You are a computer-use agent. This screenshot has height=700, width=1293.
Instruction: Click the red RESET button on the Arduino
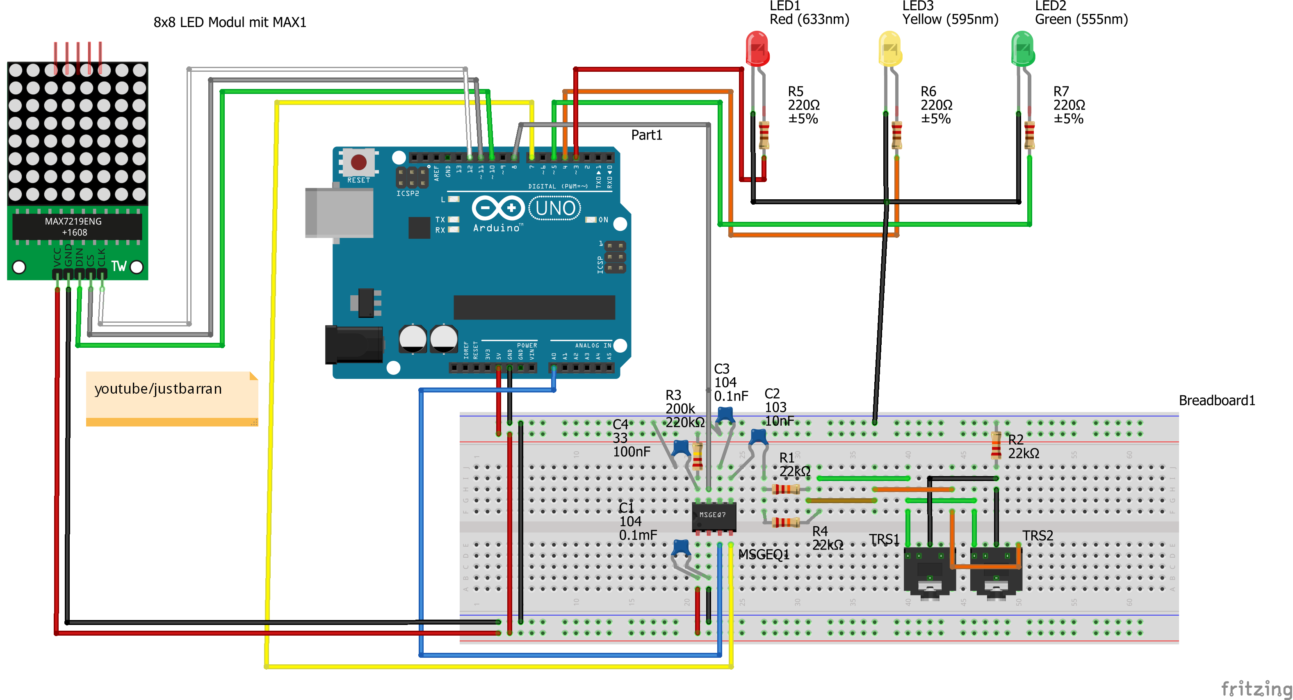tap(358, 162)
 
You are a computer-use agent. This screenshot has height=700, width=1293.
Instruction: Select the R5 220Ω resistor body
tap(764, 135)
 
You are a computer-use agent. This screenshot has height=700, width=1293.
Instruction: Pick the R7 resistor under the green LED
tap(1029, 135)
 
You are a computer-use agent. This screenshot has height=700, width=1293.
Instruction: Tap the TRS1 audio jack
tap(929, 572)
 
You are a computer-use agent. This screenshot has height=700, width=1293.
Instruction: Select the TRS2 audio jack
tap(996, 572)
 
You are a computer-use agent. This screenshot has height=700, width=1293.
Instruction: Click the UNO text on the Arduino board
tap(555, 208)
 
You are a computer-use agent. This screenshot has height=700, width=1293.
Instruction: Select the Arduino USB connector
tap(339, 213)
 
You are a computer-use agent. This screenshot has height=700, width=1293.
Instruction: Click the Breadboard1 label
tap(1216, 400)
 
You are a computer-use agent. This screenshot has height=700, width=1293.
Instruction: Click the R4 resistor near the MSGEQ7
tap(786, 522)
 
